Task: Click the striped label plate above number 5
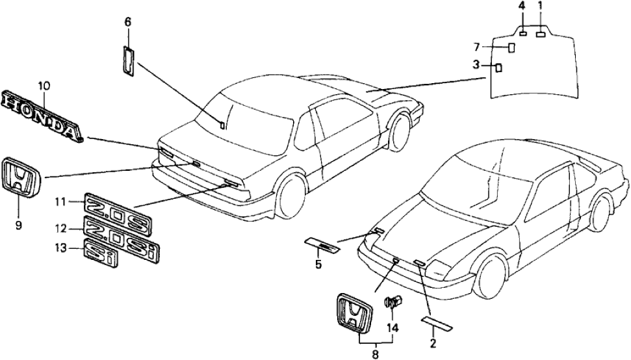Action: tap(323, 245)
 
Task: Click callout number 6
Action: tap(128, 22)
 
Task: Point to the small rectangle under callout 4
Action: tap(523, 32)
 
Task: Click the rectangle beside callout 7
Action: tap(511, 47)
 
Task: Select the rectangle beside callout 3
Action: tap(498, 66)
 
